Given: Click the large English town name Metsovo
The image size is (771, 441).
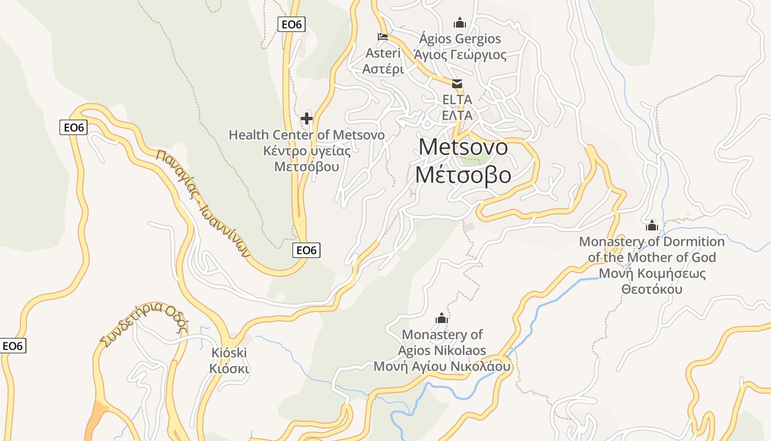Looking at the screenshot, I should [463, 147].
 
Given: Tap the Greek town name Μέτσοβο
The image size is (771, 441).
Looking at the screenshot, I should [463, 175].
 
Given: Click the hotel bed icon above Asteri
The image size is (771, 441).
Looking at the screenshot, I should [383, 37].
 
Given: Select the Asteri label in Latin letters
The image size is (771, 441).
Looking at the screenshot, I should [383, 53].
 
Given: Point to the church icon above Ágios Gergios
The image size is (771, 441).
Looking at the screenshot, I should [459, 23].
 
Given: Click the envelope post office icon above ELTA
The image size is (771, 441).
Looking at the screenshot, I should [457, 84].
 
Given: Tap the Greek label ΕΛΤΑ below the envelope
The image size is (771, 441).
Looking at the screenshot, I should [457, 115].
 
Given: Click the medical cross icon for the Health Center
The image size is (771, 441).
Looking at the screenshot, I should [307, 119].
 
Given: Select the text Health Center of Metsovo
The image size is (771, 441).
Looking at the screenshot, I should [307, 135].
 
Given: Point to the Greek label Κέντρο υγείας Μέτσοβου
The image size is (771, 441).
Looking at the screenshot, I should [307, 158].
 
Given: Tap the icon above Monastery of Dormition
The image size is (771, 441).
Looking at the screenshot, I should [652, 225].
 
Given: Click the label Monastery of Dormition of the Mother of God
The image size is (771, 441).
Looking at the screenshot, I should [652, 249].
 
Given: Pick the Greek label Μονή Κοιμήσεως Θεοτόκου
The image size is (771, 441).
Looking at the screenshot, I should [652, 281].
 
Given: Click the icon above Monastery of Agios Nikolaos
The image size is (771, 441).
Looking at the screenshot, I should [442, 318].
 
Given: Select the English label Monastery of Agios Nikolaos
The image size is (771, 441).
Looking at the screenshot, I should [442, 342].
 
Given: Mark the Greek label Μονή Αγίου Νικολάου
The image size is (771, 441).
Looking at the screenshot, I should [442, 367].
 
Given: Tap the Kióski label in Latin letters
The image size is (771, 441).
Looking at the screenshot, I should [229, 353].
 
